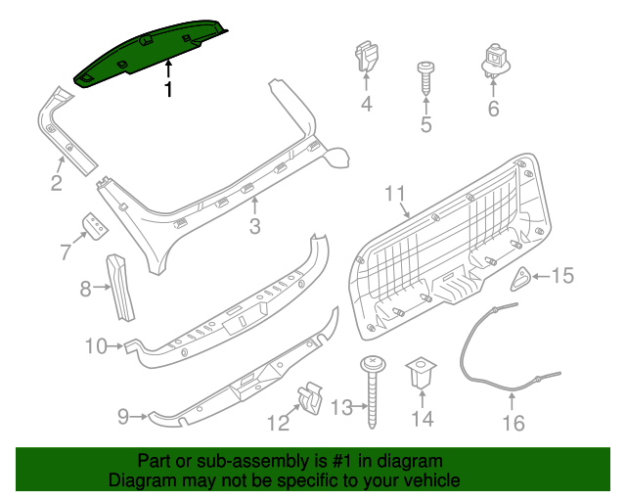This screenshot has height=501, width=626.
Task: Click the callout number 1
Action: pos(168,91)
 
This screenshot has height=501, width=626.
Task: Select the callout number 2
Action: pos(57,182)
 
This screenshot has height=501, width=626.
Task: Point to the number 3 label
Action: pos(254,228)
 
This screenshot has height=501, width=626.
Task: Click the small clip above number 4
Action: pos(368,57)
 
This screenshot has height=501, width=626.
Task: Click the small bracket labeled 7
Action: pos(95,226)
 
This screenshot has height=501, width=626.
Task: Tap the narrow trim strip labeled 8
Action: pos(122,285)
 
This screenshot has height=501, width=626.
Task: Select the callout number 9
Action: pos(123,417)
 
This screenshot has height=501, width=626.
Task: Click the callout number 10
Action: pos(96,345)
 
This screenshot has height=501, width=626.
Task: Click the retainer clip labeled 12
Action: pos(311,398)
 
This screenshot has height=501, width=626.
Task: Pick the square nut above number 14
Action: pos(422,372)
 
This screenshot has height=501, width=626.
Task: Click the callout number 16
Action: pos(514,423)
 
